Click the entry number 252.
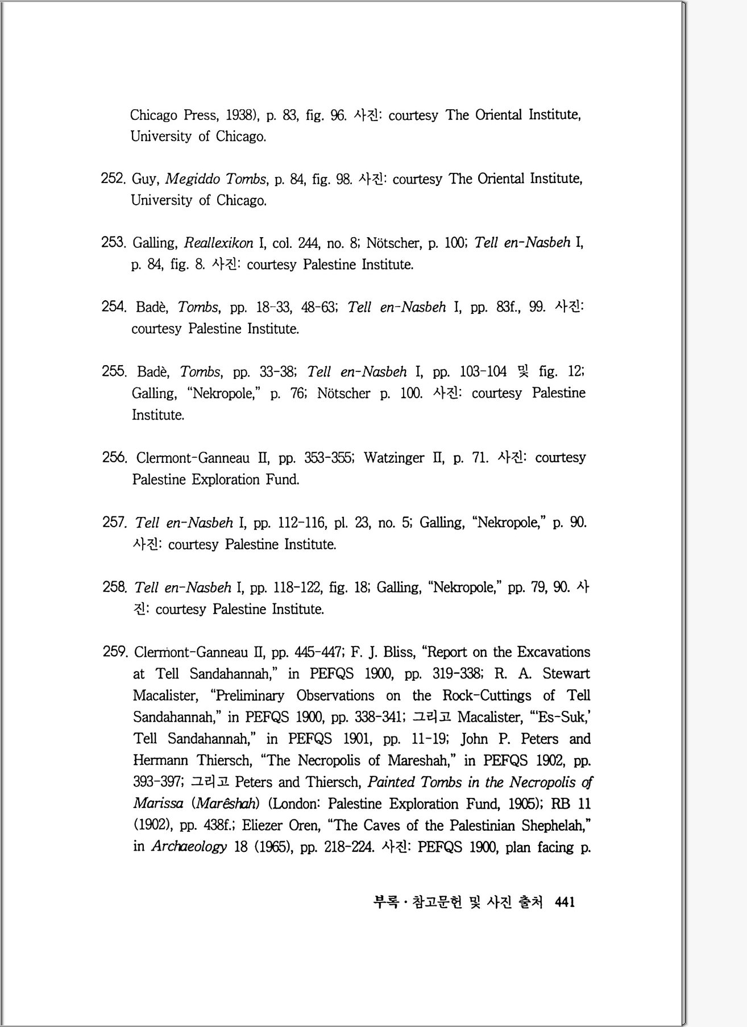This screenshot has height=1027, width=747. (x=113, y=179)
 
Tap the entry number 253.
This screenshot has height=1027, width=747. (x=113, y=243)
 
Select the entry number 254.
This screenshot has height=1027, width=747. (x=113, y=307)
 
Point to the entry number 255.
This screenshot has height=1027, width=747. (x=114, y=371)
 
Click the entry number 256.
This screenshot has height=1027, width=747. (x=114, y=458)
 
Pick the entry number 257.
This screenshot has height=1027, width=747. (x=114, y=522)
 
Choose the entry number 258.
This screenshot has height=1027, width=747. (x=114, y=587)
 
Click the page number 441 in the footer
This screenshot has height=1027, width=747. (x=565, y=902)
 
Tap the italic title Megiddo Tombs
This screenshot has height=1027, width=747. (x=215, y=179)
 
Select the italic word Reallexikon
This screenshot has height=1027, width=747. (x=218, y=243)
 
